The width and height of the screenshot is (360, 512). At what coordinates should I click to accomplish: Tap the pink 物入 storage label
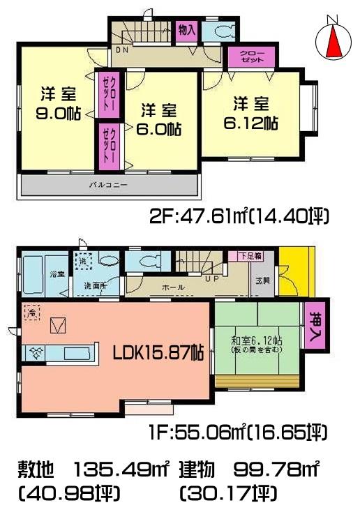click(186, 31)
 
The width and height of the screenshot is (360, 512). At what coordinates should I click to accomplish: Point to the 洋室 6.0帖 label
click(160, 119)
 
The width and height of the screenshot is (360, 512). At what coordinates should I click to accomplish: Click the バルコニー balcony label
click(107, 185)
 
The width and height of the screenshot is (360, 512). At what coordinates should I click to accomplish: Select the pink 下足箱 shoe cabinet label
click(249, 256)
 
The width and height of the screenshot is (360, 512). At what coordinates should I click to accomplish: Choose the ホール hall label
click(172, 287)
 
